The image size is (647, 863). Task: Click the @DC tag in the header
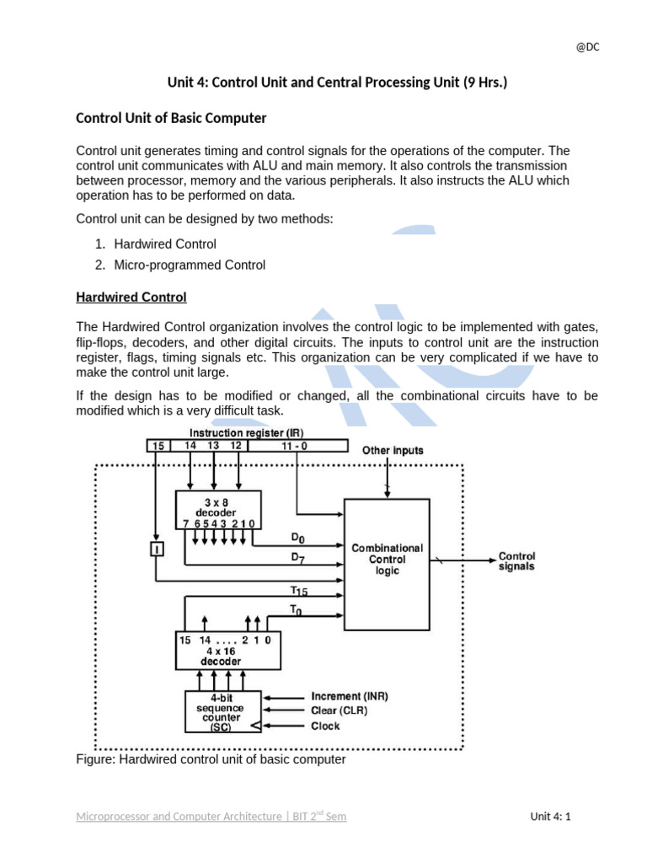click(x=587, y=47)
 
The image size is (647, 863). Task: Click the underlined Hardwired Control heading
click(x=131, y=297)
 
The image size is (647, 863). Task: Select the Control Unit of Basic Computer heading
click(x=171, y=118)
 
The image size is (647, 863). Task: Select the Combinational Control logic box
click(x=387, y=564)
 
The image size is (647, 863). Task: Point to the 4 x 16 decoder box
click(x=227, y=651)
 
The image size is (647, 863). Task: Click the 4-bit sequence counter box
click(x=222, y=712)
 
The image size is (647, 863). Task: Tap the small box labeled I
click(x=156, y=549)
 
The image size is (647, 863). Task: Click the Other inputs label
click(x=393, y=451)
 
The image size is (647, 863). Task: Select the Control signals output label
click(x=516, y=561)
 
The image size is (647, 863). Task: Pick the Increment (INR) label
click(x=350, y=697)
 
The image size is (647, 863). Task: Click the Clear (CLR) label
click(x=339, y=710)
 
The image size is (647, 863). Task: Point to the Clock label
click(x=325, y=726)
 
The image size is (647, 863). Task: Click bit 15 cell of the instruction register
click(x=158, y=445)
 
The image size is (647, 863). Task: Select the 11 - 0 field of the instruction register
click(x=297, y=445)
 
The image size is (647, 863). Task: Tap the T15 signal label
click(x=299, y=592)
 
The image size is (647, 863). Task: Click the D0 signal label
click(x=298, y=538)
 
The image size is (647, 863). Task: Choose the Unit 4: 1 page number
click(x=550, y=816)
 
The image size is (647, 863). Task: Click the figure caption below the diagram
click(x=211, y=759)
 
